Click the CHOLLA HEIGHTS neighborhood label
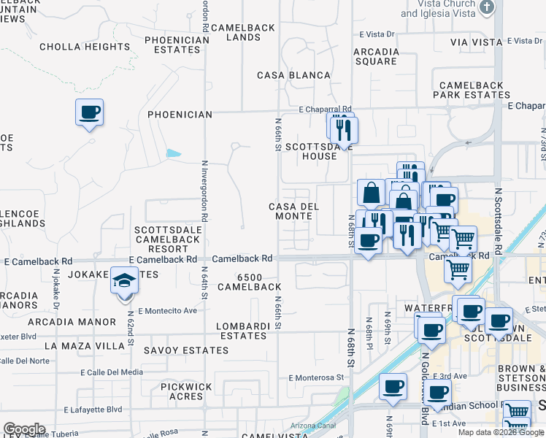(85, 47)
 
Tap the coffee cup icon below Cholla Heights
(89, 113)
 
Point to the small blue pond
(174, 154)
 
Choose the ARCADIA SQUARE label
(376, 57)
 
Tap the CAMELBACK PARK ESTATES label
(472, 91)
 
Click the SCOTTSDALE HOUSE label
(311, 151)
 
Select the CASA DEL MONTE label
(294, 211)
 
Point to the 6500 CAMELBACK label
(259, 282)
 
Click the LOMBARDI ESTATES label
(243, 331)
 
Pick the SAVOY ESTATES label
(186, 350)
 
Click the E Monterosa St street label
(316, 377)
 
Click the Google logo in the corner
(23, 429)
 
